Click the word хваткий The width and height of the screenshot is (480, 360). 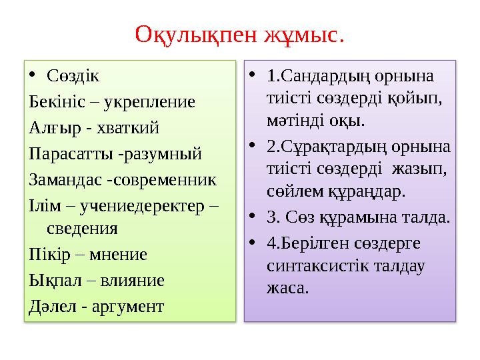pos(121,127)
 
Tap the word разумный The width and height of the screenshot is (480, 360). pos(161,153)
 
